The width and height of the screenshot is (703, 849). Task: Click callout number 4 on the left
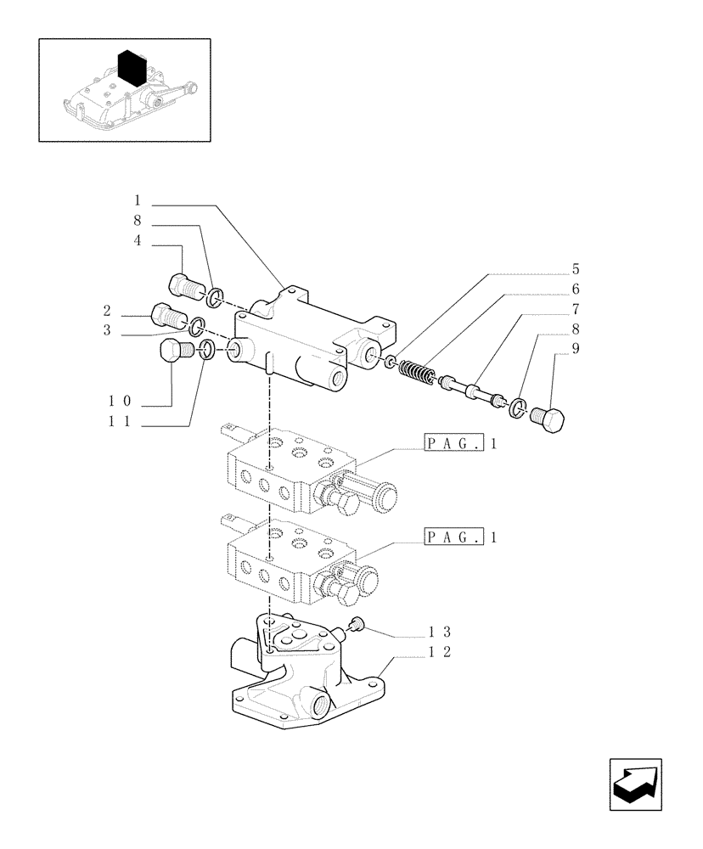(x=136, y=241)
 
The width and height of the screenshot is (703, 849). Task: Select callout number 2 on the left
(x=108, y=310)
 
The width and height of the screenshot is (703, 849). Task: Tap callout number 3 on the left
(x=108, y=330)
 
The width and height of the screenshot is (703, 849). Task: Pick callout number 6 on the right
(x=575, y=289)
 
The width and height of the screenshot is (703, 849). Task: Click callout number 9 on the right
(x=575, y=347)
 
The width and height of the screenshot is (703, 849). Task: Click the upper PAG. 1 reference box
(x=453, y=442)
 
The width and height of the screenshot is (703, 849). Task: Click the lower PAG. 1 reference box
(x=453, y=537)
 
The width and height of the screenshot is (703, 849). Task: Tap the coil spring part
(x=418, y=373)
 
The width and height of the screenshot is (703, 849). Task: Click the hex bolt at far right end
(x=550, y=419)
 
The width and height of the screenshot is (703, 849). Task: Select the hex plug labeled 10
(x=174, y=351)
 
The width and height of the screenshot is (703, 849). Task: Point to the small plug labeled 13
(x=356, y=626)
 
